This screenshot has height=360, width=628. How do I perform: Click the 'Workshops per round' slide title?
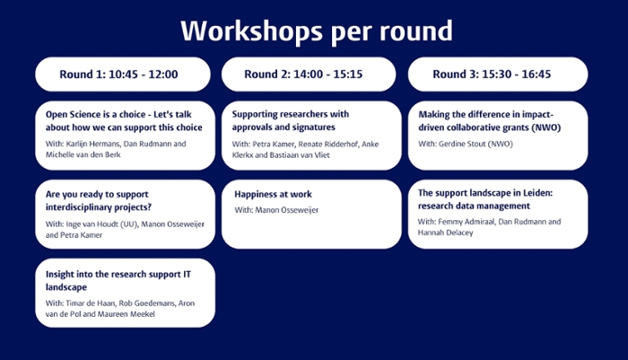[x=317, y=31]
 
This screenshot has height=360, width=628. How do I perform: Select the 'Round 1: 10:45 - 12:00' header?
[x=118, y=75]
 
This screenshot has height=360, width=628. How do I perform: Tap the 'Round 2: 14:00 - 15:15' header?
[x=303, y=75]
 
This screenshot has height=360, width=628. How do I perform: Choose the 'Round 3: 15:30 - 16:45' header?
[x=492, y=75]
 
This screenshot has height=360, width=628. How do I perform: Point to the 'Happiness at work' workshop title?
[x=273, y=194]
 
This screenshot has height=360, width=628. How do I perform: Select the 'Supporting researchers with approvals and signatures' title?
[x=291, y=120]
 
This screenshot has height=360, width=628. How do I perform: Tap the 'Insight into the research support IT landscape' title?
[x=118, y=281]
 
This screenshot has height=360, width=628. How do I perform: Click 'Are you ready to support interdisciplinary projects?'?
[x=99, y=200]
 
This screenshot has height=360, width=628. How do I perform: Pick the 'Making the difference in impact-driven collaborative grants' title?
[x=490, y=120]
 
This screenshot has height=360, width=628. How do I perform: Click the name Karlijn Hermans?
[x=92, y=144]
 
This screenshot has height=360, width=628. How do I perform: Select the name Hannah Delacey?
[x=445, y=233]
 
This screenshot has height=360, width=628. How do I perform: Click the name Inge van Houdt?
[x=92, y=224]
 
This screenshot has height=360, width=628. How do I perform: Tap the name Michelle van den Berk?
[x=83, y=154]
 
